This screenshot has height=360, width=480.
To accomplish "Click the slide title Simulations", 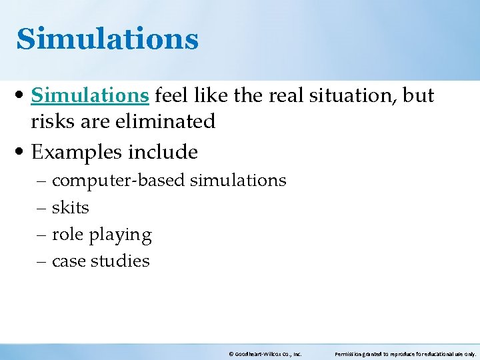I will click(107, 39).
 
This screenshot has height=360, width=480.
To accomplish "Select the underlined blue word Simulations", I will click(90, 96).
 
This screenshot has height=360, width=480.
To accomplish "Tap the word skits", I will click(70, 208).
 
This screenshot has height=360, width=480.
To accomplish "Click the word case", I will click(69, 261).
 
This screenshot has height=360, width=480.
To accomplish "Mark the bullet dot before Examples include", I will click(21, 153).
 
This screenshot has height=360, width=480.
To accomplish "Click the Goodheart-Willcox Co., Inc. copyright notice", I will click(265, 354).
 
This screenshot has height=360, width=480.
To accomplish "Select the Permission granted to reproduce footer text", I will click(405, 354).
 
